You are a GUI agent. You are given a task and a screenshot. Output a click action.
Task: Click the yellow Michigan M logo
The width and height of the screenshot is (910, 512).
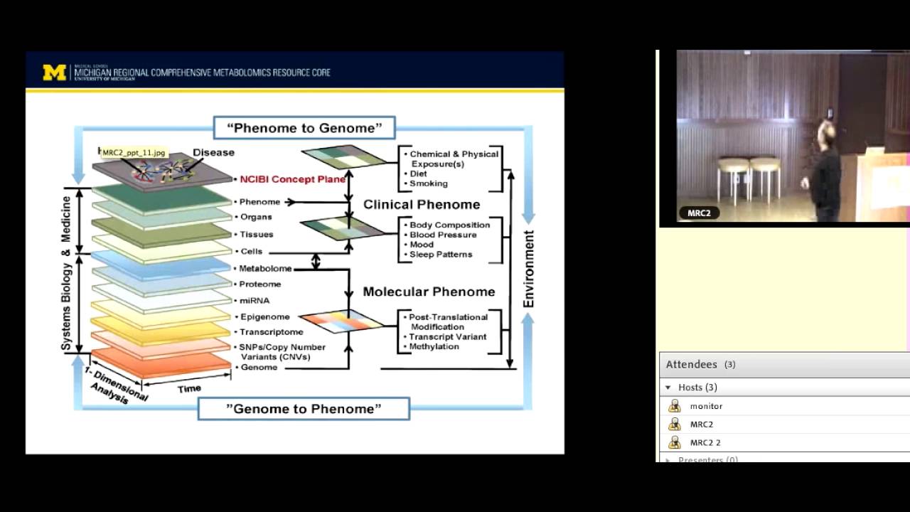point(55,73)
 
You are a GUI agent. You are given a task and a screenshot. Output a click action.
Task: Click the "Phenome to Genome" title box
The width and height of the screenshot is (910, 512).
point(304,128)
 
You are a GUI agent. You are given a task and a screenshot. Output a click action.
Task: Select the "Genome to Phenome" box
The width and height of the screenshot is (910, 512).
point(304,409)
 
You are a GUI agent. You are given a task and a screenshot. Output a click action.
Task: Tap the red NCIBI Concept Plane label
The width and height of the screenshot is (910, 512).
point(292,179)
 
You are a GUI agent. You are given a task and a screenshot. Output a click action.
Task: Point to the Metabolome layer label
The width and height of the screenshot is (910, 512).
point(265,269)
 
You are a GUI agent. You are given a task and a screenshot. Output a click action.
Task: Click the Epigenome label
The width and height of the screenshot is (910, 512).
point(264,316)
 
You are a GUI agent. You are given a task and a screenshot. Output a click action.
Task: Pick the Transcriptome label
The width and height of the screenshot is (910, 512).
point(271,332)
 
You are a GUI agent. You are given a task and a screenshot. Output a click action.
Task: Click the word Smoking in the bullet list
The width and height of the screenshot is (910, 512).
point(428,183)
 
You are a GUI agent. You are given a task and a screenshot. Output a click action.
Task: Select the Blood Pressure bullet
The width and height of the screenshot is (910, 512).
point(442,235)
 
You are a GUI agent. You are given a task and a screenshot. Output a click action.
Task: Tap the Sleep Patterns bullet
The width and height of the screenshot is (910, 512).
point(440,255)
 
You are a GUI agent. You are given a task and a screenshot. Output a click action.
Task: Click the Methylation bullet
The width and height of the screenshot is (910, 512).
point(434,347)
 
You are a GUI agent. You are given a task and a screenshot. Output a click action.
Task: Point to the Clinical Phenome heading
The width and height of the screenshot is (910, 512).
point(422,205)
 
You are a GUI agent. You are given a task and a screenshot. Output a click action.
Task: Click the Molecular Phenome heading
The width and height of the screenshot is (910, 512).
point(429,292)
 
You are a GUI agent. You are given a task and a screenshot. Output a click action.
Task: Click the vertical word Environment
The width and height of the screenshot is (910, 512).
point(528,269)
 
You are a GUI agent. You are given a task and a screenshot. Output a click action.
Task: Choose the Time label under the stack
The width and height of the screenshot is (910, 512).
point(189,388)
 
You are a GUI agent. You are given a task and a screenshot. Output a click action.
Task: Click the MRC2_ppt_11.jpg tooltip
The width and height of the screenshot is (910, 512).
point(134,153)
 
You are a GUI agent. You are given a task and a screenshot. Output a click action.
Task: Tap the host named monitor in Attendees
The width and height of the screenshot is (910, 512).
point(706,406)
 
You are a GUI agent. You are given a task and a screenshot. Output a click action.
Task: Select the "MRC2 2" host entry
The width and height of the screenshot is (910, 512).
point(705,442)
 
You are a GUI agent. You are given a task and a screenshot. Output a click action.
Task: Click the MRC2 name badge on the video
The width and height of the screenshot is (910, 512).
point(699,213)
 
